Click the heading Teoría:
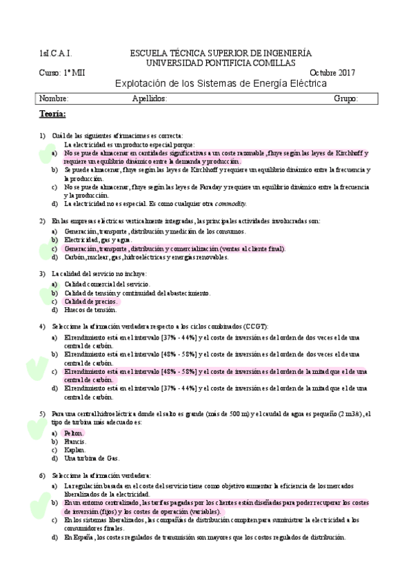click(x=52, y=114)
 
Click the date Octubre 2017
click(x=332, y=73)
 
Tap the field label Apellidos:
click(x=150, y=98)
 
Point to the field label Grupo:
click(x=345, y=98)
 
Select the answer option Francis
click(x=74, y=441)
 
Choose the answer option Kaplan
click(x=74, y=449)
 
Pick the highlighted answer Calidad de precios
click(x=91, y=302)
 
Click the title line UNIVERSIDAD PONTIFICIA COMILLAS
click(x=221, y=63)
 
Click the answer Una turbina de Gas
click(x=91, y=458)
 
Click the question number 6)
click(x=42, y=476)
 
